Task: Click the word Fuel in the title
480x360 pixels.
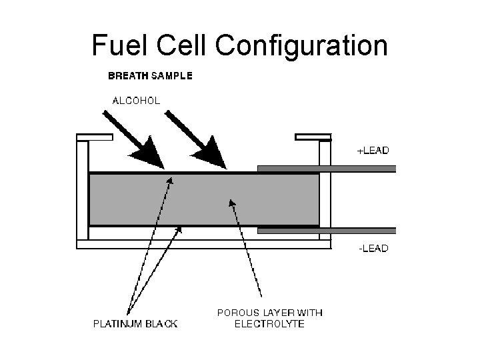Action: click(116, 45)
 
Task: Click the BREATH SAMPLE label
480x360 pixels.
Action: click(150, 76)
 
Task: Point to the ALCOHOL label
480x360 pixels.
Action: click(136, 101)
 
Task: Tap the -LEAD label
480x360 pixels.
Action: click(373, 249)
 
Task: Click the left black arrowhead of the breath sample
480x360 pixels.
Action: click(150, 154)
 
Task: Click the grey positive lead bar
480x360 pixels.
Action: click(327, 169)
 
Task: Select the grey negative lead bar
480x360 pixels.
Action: click(327, 231)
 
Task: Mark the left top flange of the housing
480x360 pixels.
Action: click(91, 138)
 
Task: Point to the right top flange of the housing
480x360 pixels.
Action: click(313, 138)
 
